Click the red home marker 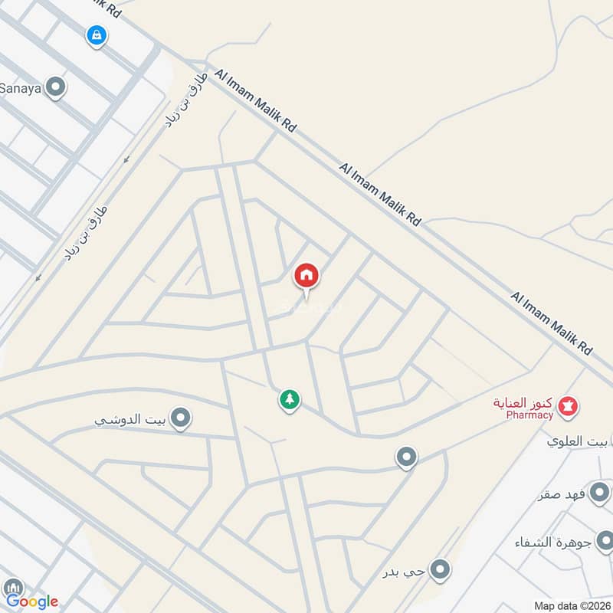[306, 275]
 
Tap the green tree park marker [289, 399]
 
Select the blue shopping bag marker [96, 34]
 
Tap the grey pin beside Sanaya [55, 87]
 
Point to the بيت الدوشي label [131, 420]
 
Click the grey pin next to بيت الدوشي [181, 418]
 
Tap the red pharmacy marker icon [568, 405]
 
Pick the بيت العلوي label [579, 441]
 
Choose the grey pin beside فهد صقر [601, 491]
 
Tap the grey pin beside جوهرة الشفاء [601, 541]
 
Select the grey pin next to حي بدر [439, 569]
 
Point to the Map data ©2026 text [572, 605]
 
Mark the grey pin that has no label [406, 457]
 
